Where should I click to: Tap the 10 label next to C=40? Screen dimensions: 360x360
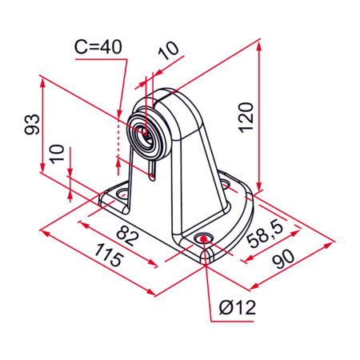coord(168,53)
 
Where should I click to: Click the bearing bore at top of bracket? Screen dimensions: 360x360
coord(145,135)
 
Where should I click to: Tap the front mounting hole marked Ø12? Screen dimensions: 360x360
coord(205,238)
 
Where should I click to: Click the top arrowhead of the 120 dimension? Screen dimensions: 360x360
coord(259,47)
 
